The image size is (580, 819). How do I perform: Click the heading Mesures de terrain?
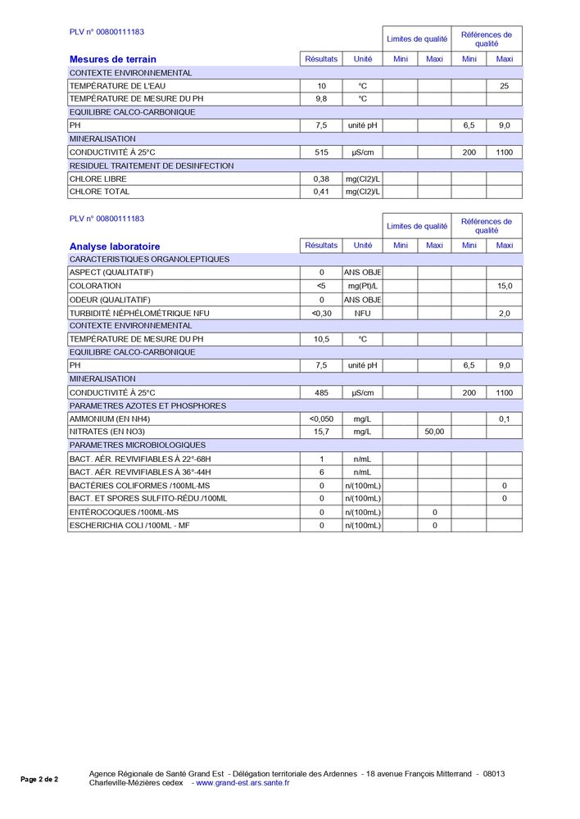[x=113, y=59]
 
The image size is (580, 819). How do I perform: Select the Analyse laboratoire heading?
[x=115, y=246]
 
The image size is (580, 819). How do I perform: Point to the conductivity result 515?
[x=321, y=152]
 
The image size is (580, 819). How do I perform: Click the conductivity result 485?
[x=321, y=393]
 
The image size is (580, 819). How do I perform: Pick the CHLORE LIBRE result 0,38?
[x=321, y=179]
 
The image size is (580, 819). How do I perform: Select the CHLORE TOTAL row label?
[x=99, y=192]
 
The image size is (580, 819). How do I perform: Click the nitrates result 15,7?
[x=321, y=432]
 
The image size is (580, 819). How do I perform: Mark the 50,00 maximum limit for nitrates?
[x=434, y=432]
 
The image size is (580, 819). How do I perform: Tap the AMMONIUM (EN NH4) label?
[x=110, y=419]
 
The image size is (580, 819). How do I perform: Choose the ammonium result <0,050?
[x=321, y=419]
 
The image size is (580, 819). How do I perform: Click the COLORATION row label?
[x=95, y=286]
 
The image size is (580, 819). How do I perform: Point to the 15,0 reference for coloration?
[x=505, y=286]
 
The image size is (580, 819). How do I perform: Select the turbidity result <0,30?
[x=321, y=313]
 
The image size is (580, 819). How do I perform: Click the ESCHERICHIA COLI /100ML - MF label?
[x=129, y=525]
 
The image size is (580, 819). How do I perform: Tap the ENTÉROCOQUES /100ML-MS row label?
[x=124, y=512]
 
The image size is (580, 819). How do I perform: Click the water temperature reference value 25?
[x=505, y=86]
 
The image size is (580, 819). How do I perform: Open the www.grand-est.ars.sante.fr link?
[x=242, y=783]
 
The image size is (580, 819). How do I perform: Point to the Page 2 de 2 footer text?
[x=39, y=780]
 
